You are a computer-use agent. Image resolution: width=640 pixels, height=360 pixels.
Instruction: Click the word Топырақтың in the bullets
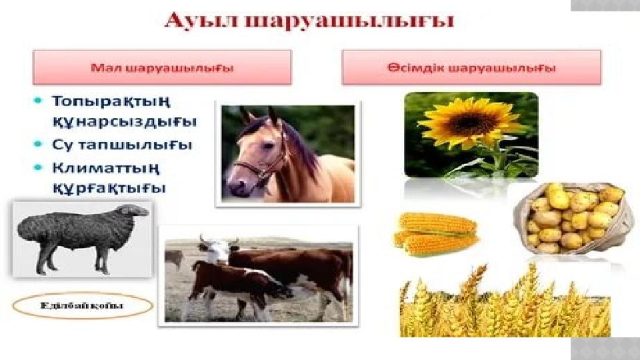[x=111, y=102]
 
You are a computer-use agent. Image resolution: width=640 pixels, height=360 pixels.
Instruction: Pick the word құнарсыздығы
[x=124, y=123]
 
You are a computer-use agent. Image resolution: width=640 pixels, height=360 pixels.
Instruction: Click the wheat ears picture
[x=503, y=303]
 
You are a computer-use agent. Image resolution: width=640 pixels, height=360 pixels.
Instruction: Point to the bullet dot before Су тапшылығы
[x=39, y=144]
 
